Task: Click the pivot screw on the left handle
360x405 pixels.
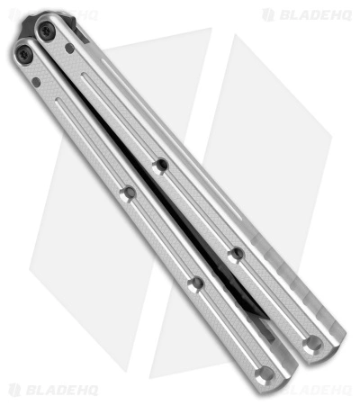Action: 23,54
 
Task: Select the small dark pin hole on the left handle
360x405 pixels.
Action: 36,83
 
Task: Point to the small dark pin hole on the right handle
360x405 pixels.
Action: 69,48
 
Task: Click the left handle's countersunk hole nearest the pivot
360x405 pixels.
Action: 128,194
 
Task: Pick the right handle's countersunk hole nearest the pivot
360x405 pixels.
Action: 160,166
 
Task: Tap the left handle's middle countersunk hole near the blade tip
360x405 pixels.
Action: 195,284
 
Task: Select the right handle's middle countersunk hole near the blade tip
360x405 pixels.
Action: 236,256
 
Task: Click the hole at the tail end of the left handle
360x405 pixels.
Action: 265,373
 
